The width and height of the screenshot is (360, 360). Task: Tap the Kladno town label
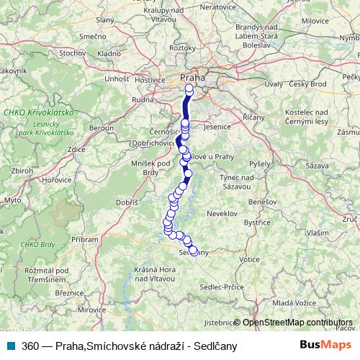109,53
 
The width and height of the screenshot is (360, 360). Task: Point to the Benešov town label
266,204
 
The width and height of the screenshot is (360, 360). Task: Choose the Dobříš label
127,203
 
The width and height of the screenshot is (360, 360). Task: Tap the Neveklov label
222,214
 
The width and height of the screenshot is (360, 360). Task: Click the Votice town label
249,258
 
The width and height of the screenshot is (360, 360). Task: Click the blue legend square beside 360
9,346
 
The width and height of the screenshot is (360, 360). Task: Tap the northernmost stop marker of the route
189,89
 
